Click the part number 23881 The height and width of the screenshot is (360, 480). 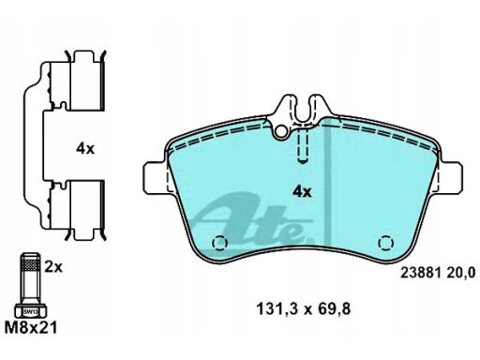pos(421,273)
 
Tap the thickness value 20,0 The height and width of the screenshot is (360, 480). pos(461,273)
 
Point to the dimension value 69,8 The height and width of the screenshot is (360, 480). pos(334,309)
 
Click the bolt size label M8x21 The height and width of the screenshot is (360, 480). pos(31,328)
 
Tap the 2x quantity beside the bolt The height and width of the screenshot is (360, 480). pos(53,267)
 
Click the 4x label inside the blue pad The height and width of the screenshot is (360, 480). pos(302,191)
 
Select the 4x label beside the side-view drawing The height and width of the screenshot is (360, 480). pos(85,149)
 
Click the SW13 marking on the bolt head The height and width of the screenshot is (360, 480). pos(31,311)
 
